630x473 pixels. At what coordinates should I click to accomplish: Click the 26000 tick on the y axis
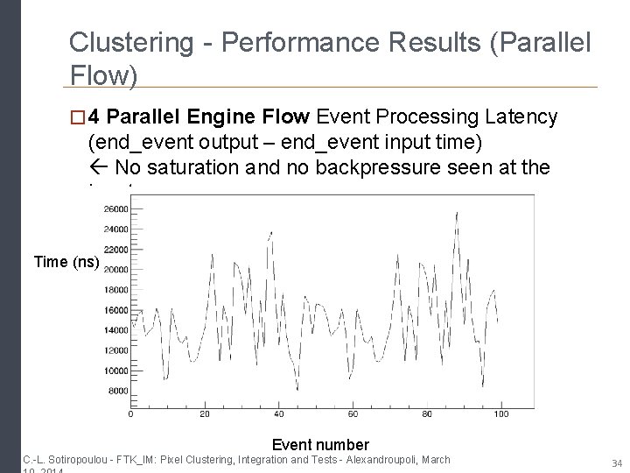[x=115, y=208]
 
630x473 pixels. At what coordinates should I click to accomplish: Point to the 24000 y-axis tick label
[x=115, y=229]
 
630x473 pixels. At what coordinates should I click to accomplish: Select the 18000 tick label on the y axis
[x=115, y=289]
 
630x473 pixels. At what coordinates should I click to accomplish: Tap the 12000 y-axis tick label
[x=115, y=349]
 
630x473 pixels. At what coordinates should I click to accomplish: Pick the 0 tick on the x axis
[x=131, y=413]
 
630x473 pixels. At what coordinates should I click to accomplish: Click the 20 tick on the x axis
[x=205, y=413]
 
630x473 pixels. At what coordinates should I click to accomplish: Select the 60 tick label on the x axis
[x=352, y=413]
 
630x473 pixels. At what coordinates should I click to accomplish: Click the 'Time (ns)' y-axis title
[x=67, y=261]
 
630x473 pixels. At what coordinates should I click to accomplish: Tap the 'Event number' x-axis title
[x=320, y=445]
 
